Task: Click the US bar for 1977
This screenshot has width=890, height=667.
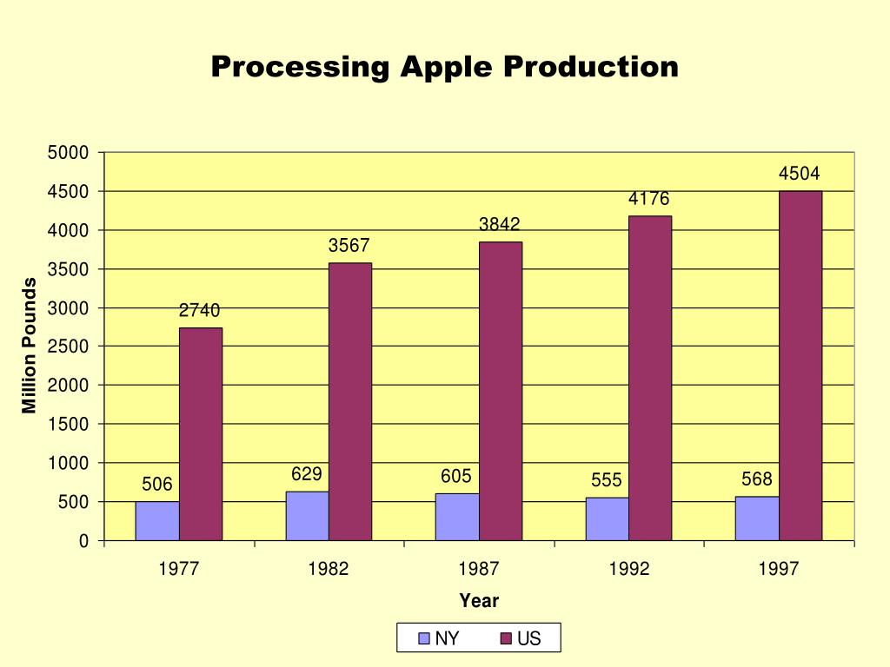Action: coord(201,433)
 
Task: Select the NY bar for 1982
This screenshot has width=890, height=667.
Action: coord(307,516)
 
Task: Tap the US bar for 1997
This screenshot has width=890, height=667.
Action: coord(800,365)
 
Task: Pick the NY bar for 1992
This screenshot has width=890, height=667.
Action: coord(607,518)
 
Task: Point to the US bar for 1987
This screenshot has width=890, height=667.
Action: coord(501,391)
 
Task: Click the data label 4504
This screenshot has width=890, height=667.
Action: coord(800,174)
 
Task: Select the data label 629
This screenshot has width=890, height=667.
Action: coord(307,474)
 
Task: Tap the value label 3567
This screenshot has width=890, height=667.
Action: coord(349,246)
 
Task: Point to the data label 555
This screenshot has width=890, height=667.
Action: coord(607,480)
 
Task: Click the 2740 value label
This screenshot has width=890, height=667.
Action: coord(200,311)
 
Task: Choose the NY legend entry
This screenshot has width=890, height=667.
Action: coord(439,638)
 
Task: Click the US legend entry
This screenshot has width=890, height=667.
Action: coord(521,638)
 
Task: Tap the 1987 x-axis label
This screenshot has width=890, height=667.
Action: coord(479,569)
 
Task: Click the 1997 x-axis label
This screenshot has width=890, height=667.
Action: coord(779,569)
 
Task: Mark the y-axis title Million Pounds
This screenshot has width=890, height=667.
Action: coord(30,346)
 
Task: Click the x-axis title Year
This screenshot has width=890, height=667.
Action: coord(479,600)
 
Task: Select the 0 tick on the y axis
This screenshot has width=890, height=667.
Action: coord(84,541)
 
